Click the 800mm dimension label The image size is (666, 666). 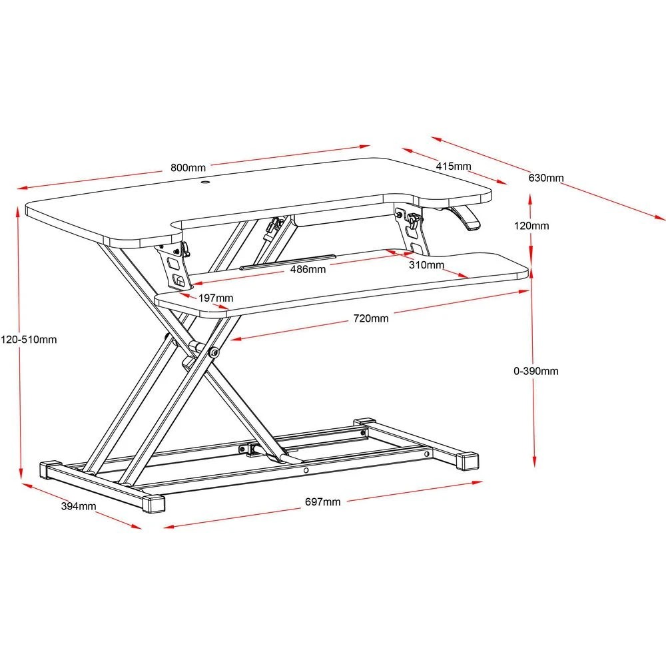pos(188,168)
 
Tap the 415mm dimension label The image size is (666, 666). pos(454,166)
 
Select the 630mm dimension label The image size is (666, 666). pos(546,178)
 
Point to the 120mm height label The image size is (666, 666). pos(531,226)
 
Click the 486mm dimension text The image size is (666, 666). pos(308,270)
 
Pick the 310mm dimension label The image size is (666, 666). pos(426,265)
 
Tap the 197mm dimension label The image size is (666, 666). pos(216,298)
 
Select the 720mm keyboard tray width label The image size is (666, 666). pos(370,318)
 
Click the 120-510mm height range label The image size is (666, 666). pos(29,339)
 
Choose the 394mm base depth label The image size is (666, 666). pos(79,506)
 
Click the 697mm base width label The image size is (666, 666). pos(322,502)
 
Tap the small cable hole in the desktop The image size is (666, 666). pos(205,180)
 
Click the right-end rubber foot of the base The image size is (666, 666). pos(469,462)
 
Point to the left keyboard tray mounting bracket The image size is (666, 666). pos(174,266)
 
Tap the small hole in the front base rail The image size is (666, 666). pos(306,470)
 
